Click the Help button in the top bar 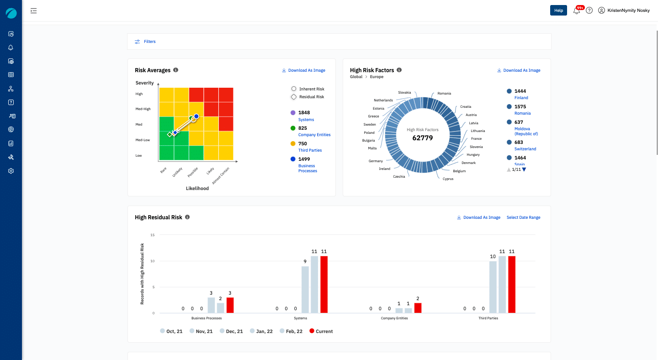558,11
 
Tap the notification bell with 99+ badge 577,11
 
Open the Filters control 145,42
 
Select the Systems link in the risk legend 306,120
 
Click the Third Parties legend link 310,150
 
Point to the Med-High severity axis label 143,109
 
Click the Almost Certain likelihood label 222,176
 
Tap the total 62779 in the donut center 422,138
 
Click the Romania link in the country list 522,113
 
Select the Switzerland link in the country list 525,149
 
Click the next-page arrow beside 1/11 524,169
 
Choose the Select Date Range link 523,217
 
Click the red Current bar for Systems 324,284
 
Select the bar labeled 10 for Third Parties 493,287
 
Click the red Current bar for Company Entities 418,308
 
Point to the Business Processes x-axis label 207,318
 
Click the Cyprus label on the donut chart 448,179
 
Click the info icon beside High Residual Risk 187,217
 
